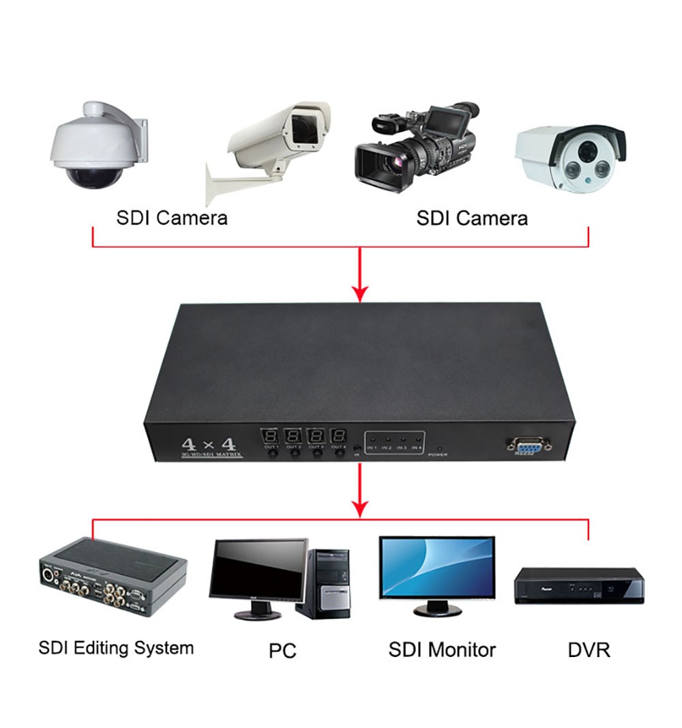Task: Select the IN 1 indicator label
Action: pos(372,448)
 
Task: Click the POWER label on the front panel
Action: pos(437,454)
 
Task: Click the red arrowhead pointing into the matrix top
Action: pos(359,293)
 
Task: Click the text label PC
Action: pos(282,650)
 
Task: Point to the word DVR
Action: pos(589,650)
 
